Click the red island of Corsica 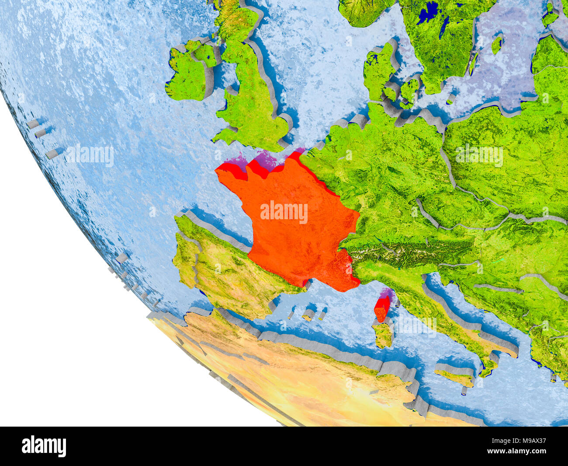(x=381, y=309)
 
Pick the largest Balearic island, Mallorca (x=309, y=314)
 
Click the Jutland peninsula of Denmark (x=378, y=70)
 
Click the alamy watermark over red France (x=284, y=212)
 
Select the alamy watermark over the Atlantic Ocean (x=90, y=155)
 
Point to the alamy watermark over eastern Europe (x=479, y=155)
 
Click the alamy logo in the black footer (x=44, y=446)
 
